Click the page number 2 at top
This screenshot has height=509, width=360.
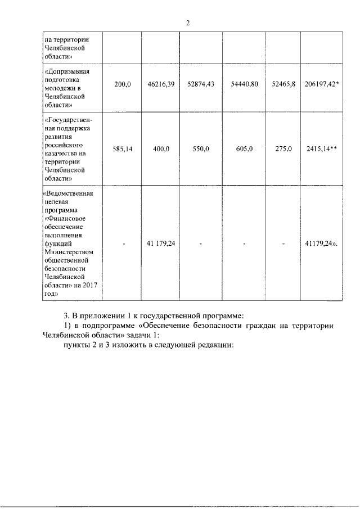tap(188, 22)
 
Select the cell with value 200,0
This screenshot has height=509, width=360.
tap(122, 84)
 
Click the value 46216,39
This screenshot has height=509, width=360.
tap(161, 84)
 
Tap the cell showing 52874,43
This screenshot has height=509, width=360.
tap(201, 84)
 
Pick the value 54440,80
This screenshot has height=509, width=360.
tap(244, 84)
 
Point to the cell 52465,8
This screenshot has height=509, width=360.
tap(283, 84)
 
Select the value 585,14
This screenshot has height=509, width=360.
tap(122, 150)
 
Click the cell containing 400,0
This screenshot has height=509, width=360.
tap(160, 150)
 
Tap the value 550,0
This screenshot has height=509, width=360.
tap(200, 150)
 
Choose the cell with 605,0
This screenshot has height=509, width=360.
tap(244, 150)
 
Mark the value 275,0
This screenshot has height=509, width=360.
tap(283, 150)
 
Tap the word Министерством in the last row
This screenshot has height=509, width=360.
tap(67, 253)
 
